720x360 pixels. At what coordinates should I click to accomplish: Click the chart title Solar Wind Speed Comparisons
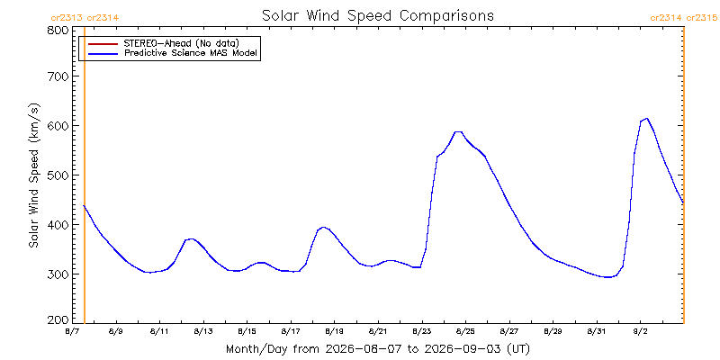377,15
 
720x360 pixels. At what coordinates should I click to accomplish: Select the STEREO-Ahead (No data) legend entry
182,43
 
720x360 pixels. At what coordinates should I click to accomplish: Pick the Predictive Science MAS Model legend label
192,54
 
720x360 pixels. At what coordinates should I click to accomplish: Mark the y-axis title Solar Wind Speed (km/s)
34,175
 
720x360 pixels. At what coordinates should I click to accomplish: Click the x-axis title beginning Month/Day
377,349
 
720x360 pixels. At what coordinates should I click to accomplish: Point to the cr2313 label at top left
66,18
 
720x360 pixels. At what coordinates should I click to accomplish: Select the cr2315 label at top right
701,18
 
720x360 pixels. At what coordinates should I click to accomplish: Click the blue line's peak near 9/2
646,118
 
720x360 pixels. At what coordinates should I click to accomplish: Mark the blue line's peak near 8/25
458,131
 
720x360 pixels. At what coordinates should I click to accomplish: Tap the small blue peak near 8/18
323,227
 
